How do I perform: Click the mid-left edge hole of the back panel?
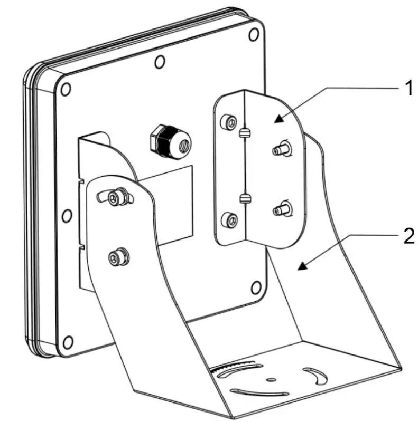click(66, 216)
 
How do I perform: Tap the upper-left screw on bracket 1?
click(228, 122)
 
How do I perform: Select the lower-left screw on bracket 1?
click(228, 218)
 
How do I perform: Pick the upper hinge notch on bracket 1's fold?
click(244, 134)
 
